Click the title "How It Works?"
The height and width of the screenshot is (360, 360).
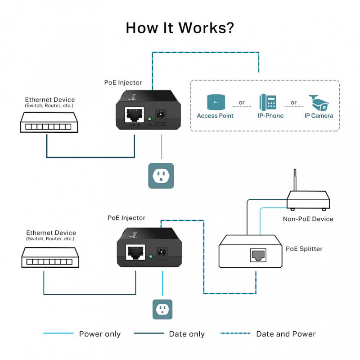180,27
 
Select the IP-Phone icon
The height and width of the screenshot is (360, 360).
268,103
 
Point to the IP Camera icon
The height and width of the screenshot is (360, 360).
319,103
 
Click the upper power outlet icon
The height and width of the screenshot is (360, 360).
161,175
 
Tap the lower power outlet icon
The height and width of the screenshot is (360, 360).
162,309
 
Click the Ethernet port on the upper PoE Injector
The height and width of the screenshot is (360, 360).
134,114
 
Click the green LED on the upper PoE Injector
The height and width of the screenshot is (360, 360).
150,119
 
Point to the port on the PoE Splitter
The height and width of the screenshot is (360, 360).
258,255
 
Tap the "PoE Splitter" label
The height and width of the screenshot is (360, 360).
304,248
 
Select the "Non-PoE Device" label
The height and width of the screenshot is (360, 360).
308,219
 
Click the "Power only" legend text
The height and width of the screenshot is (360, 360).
99,334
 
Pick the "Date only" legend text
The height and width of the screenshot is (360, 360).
187,334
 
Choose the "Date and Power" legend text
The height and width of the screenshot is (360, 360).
286,334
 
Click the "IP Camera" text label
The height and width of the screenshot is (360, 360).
319,116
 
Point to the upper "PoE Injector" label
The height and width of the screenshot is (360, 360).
123,83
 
